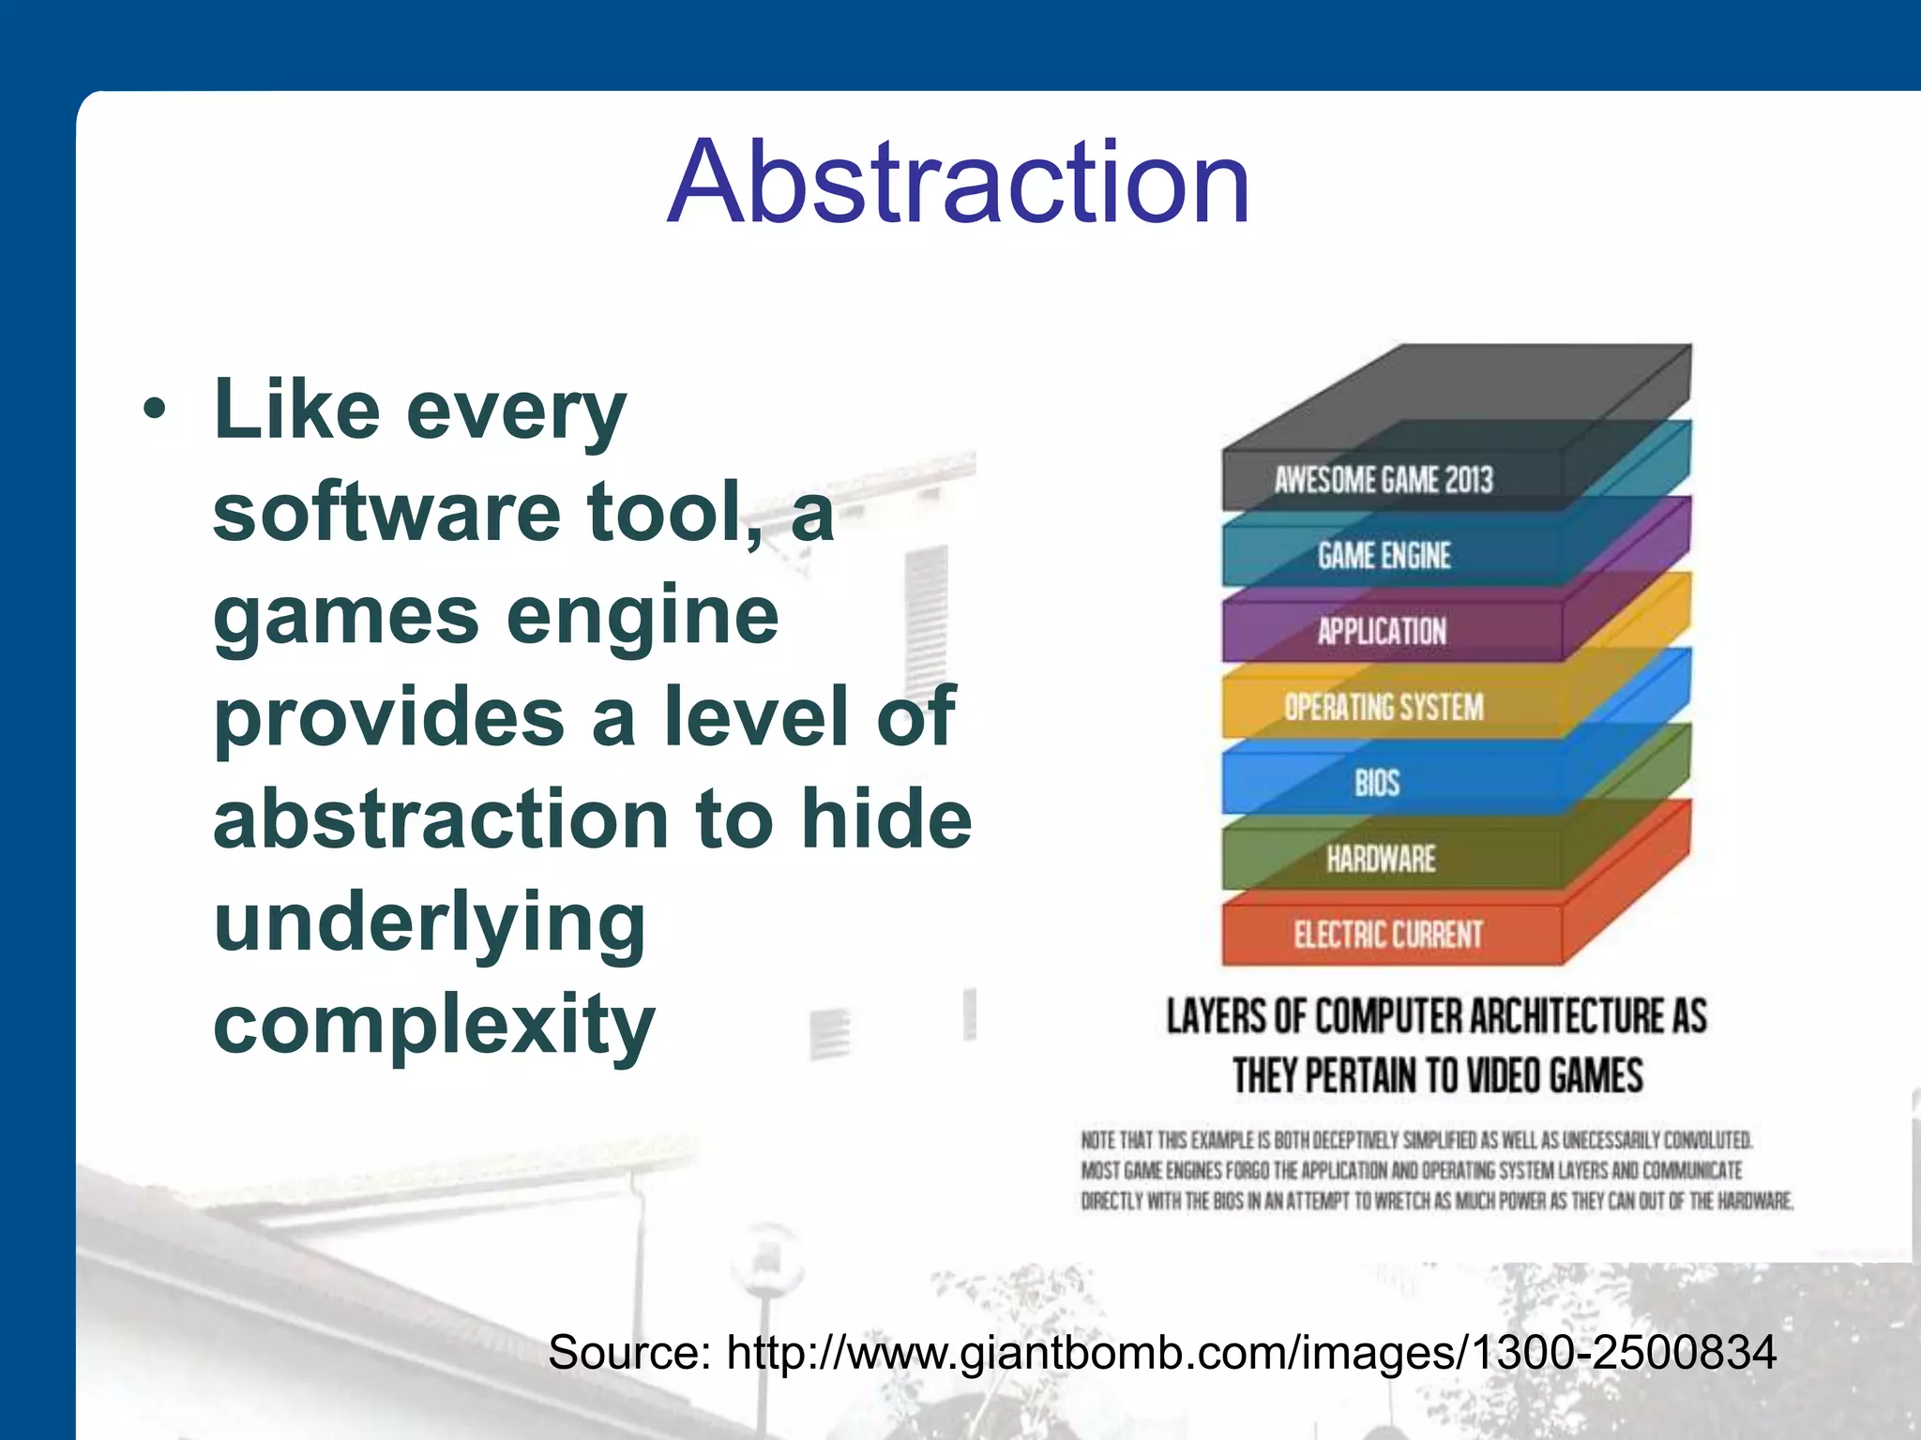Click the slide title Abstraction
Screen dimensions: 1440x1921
click(959, 182)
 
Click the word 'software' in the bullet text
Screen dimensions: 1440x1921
click(386, 512)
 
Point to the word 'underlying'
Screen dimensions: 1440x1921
click(430, 922)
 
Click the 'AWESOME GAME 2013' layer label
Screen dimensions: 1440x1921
click(1383, 480)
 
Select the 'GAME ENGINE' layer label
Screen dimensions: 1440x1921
click(1384, 556)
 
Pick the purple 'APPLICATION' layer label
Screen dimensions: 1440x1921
click(1382, 631)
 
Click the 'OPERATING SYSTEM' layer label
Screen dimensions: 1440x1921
click(1384, 707)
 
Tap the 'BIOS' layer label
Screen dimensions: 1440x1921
click(1377, 783)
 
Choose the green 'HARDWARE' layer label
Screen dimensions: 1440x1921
click(1381, 858)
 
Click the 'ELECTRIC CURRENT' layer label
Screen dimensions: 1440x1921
click(1388, 935)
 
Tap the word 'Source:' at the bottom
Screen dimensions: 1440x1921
click(629, 1353)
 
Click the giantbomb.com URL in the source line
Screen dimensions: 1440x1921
click(1251, 1353)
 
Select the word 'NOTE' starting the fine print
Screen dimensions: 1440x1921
click(1097, 1140)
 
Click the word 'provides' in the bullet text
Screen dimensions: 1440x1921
click(388, 717)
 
